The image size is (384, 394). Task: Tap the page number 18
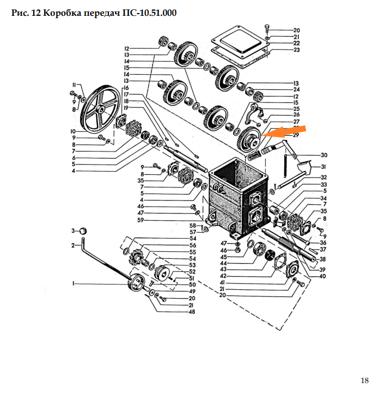point(365,380)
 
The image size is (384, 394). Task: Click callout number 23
point(296,50)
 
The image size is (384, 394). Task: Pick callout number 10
point(72,131)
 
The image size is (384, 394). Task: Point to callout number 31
point(324,167)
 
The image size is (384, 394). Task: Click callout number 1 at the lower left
point(72,283)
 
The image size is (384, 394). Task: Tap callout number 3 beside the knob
point(73,231)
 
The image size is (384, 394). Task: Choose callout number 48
point(192,312)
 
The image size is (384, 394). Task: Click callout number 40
point(323,276)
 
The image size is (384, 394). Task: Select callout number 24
point(296,89)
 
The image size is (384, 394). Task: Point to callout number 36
point(324,243)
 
